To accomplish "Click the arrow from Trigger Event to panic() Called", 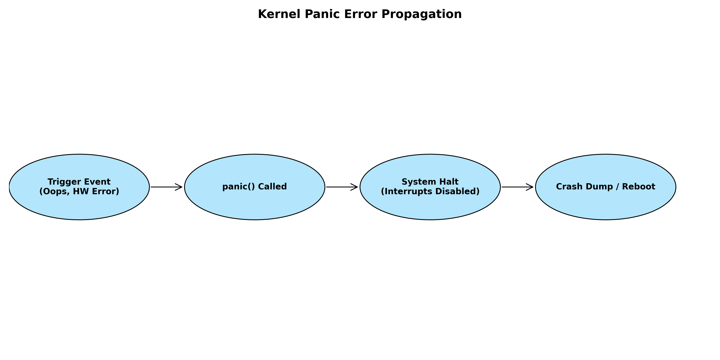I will pos(167,187).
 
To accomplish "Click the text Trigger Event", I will pos(79,182).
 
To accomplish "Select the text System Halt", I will pos(430,182).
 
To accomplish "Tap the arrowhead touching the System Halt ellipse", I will pos(354,187).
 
